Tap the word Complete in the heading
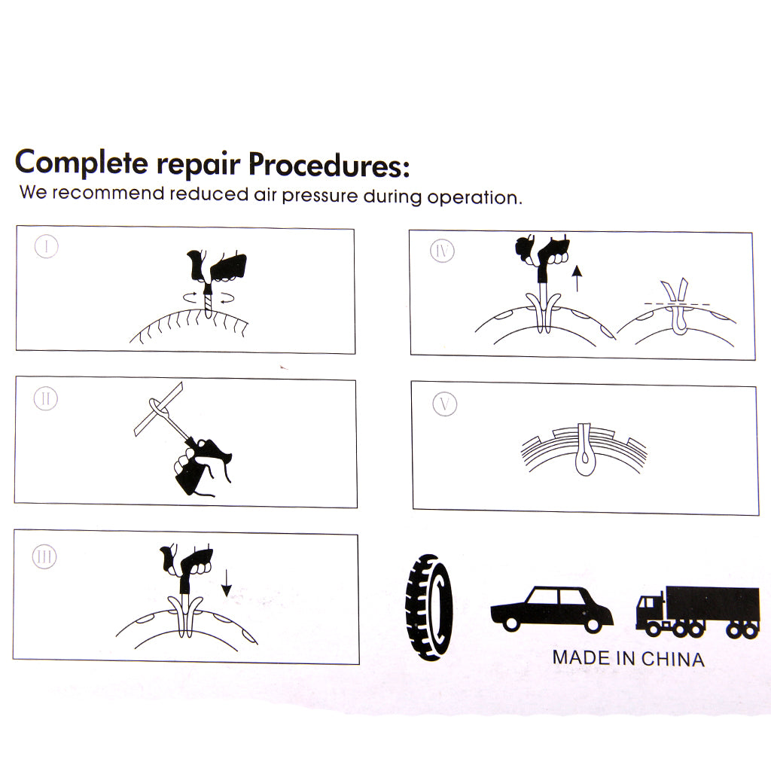click(81, 163)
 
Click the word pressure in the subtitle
click(320, 197)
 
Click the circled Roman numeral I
click(47, 246)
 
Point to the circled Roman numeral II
click(46, 399)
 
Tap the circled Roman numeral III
click(44, 557)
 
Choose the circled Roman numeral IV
click(442, 251)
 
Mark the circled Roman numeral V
click(444, 404)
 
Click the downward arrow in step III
click(226, 584)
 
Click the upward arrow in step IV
click(577, 279)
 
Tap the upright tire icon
click(428, 608)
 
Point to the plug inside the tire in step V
click(584, 449)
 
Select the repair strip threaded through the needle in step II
click(158, 409)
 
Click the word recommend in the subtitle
click(108, 193)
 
